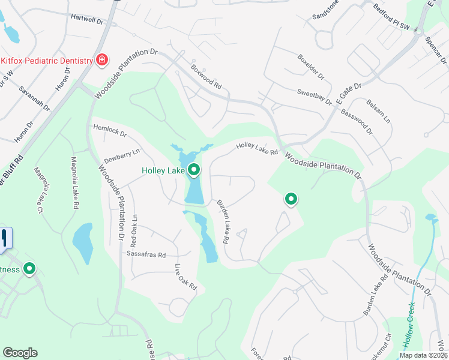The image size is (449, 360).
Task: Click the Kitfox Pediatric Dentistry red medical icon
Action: point(102,60)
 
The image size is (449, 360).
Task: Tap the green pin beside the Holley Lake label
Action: point(194,171)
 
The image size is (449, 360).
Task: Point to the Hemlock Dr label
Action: point(110,130)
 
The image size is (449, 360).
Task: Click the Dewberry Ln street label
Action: point(122,156)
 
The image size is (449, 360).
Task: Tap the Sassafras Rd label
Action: point(146,254)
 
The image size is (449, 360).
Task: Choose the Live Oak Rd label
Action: point(185,277)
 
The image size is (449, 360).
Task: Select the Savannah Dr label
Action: point(34,100)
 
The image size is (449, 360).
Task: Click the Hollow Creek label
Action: point(412,325)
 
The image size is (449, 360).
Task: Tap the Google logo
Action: point(20,353)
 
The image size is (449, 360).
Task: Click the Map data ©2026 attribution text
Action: point(423,355)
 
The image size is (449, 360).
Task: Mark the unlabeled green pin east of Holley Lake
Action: point(291,199)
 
